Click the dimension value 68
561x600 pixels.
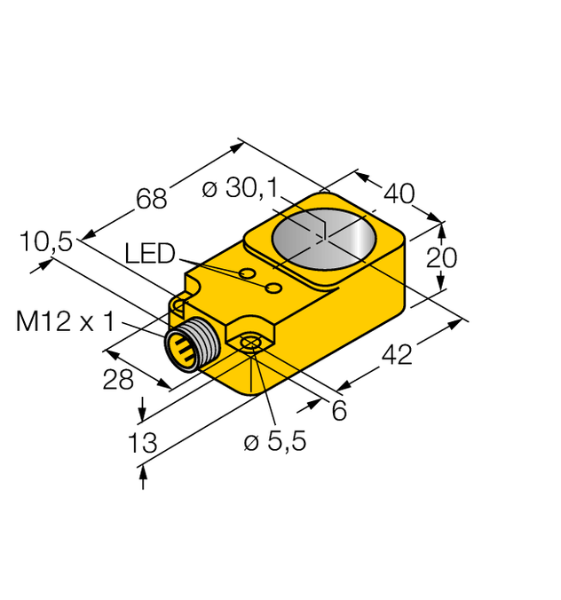tap(152, 199)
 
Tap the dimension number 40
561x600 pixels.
tap(400, 193)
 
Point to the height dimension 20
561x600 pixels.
tap(441, 257)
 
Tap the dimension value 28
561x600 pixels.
tap(118, 379)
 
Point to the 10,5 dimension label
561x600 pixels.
tap(47, 241)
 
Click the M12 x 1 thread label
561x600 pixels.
tap(66, 321)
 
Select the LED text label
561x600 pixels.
tap(150, 255)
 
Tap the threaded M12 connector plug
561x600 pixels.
tap(187, 349)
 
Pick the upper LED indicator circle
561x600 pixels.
tap(249, 272)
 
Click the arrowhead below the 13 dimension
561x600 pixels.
tap(142, 478)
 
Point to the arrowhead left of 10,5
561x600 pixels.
tap(37, 264)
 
